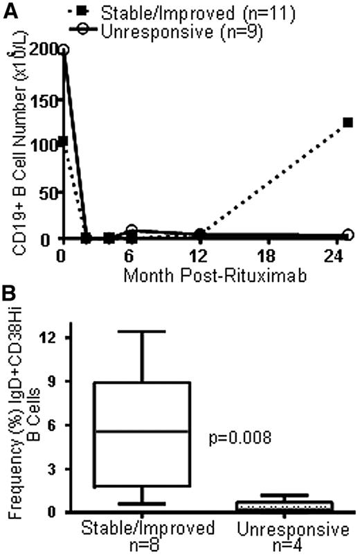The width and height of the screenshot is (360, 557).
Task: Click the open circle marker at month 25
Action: point(348,235)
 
